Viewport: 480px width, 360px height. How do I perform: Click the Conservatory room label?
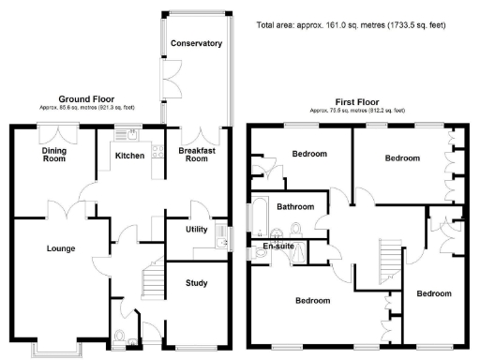coord(196,43)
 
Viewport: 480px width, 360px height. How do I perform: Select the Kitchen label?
coord(128,156)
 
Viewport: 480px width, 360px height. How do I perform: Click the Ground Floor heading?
coord(88,98)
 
